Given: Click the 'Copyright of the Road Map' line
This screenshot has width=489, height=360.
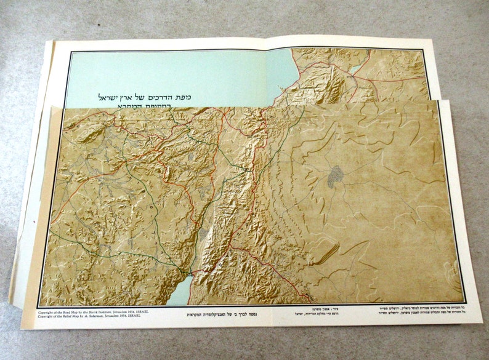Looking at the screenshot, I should (x=92, y=312).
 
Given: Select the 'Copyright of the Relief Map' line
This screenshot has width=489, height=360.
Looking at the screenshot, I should (x=92, y=317).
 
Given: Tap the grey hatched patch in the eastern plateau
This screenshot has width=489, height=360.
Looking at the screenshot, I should (x=335, y=177).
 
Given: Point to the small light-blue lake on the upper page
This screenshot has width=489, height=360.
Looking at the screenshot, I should (x=357, y=70).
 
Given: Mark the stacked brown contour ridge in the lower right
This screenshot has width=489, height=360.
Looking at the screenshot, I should (x=327, y=252).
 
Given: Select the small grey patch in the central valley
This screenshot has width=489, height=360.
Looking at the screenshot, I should (x=204, y=234).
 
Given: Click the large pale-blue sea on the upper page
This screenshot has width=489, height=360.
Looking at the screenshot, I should (x=185, y=74).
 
